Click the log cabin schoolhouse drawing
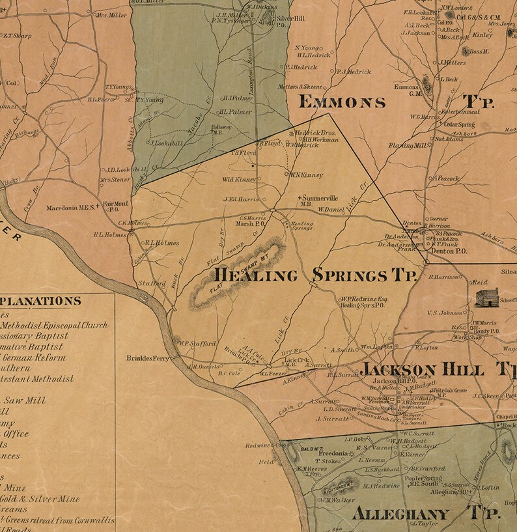(x=486, y=298)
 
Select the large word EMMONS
(x=341, y=102)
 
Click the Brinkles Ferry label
(x=148, y=358)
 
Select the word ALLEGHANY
(x=400, y=513)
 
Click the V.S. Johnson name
(x=445, y=313)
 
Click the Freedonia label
(x=332, y=453)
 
